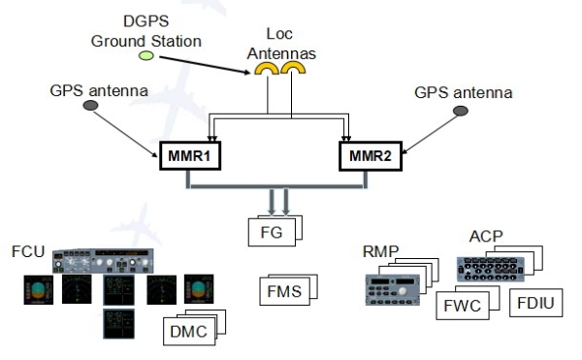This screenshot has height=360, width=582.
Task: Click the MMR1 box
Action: (x=190, y=155)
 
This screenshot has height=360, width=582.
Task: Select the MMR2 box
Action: (x=371, y=156)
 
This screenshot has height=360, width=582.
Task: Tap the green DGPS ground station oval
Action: (x=146, y=55)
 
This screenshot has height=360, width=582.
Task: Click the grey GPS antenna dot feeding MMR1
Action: (x=90, y=106)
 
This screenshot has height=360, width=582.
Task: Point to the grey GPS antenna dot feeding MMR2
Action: (x=461, y=111)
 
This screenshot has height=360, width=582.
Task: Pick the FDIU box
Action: (x=536, y=303)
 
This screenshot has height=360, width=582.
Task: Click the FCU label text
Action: (x=28, y=251)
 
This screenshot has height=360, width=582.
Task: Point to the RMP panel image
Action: (x=392, y=290)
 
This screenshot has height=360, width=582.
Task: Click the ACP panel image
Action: (x=490, y=269)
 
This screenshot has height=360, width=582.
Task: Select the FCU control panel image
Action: (x=103, y=261)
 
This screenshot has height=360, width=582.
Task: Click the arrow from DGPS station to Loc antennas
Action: (x=205, y=65)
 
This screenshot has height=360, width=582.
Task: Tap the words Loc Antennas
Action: (x=281, y=44)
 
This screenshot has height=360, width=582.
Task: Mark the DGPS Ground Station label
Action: (x=146, y=31)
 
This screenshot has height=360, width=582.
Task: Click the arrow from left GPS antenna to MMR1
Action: (x=125, y=134)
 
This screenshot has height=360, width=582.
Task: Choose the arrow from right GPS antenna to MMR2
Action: (x=430, y=134)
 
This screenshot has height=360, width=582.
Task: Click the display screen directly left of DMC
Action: (x=118, y=324)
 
